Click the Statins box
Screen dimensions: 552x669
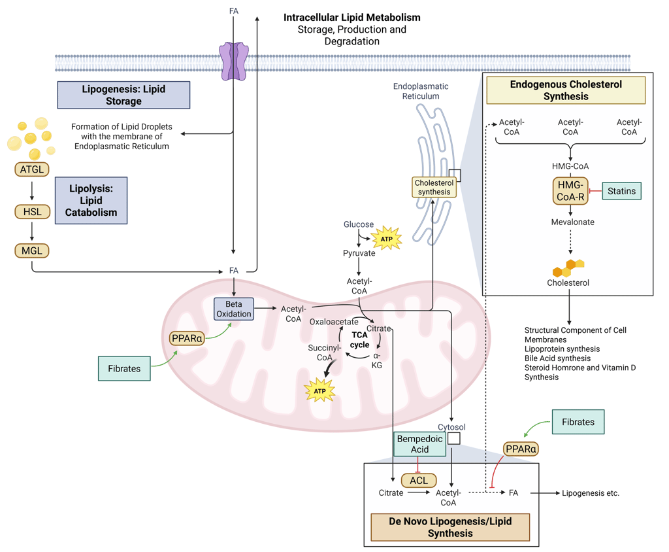click(621, 191)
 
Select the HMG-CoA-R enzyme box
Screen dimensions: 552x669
click(570, 190)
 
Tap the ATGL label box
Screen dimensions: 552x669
click(32, 170)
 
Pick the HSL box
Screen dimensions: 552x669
click(32, 211)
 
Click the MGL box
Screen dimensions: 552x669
click(32, 250)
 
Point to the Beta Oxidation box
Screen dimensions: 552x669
click(234, 309)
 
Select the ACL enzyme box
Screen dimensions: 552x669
click(418, 480)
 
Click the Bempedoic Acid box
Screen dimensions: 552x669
click(419, 444)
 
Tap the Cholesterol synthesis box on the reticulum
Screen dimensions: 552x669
click(434, 188)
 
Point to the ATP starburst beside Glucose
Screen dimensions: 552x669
click(387, 239)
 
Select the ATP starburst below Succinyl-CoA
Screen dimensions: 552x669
click(319, 391)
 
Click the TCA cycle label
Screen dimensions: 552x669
click(359, 339)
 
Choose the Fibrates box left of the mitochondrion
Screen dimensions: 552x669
click(124, 368)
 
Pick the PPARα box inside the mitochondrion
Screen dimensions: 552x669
click(187, 338)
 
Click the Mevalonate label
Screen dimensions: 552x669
click(572, 222)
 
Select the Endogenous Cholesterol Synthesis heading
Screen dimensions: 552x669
click(566, 90)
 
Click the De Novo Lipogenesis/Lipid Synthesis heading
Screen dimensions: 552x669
click(449, 527)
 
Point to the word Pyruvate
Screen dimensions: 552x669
click(359, 253)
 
